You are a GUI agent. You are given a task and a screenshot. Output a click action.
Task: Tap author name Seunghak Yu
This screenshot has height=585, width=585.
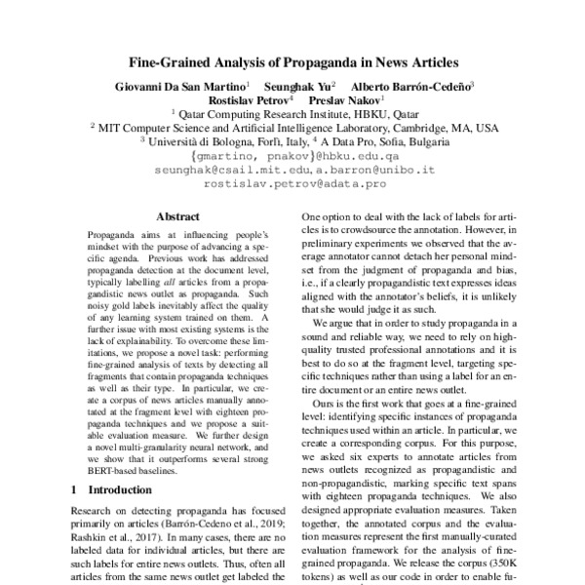click(x=300, y=85)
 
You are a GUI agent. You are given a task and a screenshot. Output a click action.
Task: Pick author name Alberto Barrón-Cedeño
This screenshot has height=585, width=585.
click(x=410, y=85)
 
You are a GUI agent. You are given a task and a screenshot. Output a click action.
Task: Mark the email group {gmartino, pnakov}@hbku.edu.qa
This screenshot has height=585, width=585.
click(x=292, y=155)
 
